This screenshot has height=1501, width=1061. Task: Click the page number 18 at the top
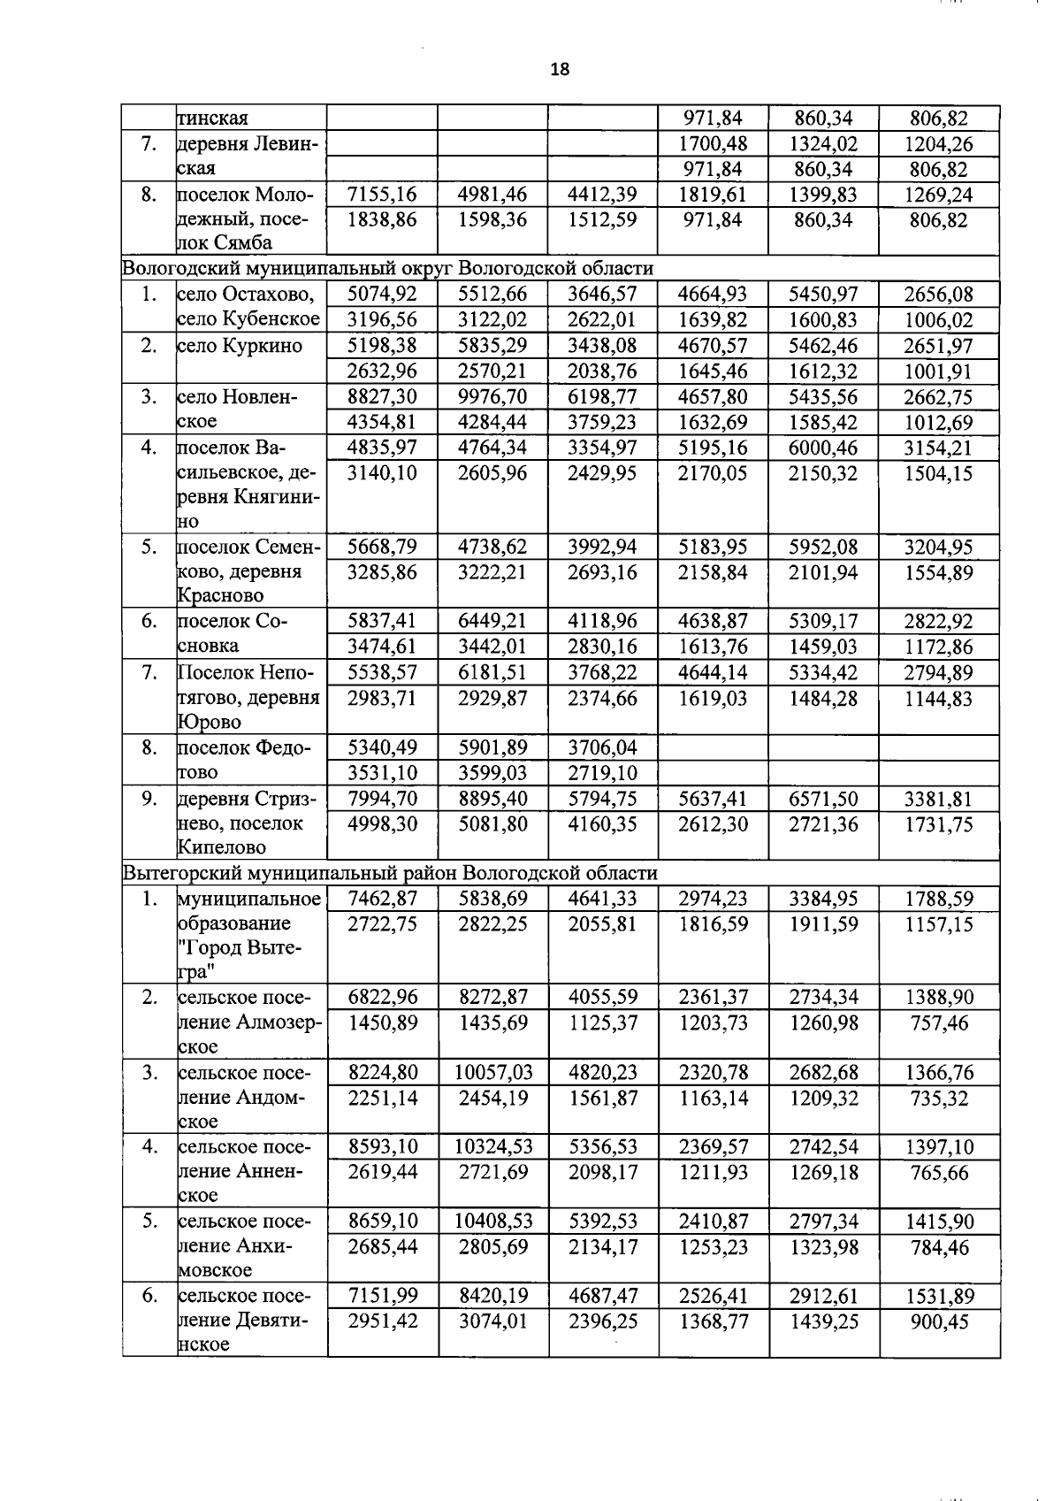coord(560,69)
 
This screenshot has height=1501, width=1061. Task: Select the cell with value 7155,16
coord(382,195)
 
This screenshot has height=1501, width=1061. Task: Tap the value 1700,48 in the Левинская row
coord(713,143)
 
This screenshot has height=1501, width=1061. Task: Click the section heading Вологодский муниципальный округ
coord(387,268)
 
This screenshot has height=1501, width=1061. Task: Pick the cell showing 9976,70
coord(492,396)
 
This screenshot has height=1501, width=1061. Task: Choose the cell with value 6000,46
coord(823,448)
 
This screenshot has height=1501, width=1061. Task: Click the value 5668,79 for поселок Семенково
coord(382,547)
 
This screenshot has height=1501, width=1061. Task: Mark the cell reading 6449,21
coord(492,621)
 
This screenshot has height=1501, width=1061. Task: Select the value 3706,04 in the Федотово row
coord(602,748)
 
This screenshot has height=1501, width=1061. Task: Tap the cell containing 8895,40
coord(492,800)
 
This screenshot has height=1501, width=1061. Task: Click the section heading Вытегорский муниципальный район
coord(389,873)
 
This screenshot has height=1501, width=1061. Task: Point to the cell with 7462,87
coord(382,900)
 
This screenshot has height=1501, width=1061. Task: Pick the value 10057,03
coord(493,1073)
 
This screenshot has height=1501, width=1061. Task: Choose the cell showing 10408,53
coord(493,1221)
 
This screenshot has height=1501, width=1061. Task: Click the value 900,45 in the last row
coord(939,1321)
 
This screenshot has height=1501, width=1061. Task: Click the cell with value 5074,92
coord(382,295)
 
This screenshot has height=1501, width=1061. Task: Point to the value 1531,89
coord(939,1296)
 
